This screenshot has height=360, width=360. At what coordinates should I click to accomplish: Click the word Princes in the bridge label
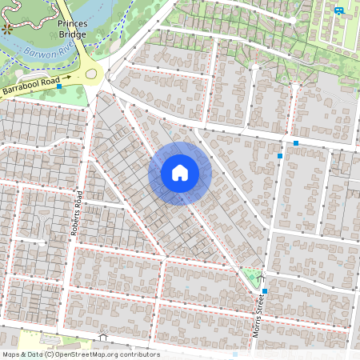[x=71, y=23]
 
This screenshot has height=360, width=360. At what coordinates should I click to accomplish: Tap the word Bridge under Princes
[x=71, y=34]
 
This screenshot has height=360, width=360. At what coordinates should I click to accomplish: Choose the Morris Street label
[x=258, y=314]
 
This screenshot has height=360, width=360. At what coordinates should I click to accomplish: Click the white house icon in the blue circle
[x=180, y=173]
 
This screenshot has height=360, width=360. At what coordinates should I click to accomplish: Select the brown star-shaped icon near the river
[x=8, y=28]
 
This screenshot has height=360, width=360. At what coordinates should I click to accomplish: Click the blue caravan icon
[x=339, y=10]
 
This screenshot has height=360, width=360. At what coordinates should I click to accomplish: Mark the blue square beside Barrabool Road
[x=60, y=86]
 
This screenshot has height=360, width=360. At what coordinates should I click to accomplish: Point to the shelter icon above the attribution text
[x=102, y=337]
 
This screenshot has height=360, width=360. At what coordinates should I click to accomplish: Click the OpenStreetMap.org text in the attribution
[x=90, y=354]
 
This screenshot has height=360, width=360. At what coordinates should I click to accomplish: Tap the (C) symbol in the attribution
[x=49, y=354]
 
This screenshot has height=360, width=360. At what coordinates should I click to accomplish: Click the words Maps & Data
[x=22, y=354]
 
